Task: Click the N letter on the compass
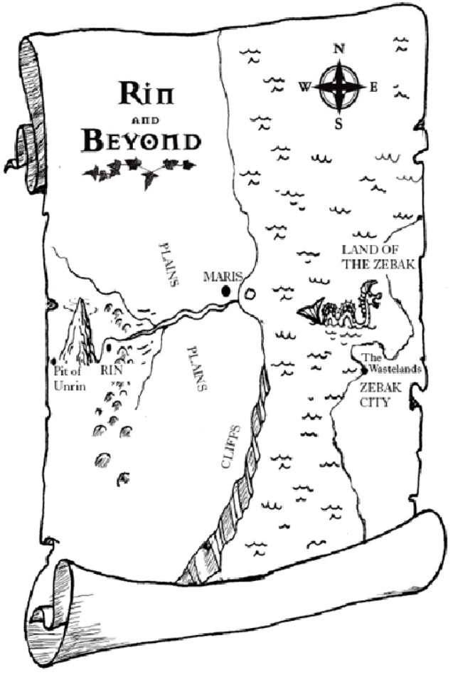(x=339, y=49)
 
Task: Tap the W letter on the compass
(x=304, y=88)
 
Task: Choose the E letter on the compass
(x=373, y=87)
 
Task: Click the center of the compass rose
(x=339, y=87)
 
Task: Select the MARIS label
(x=223, y=276)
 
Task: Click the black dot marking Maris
(x=226, y=291)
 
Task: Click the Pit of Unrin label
(x=69, y=377)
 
